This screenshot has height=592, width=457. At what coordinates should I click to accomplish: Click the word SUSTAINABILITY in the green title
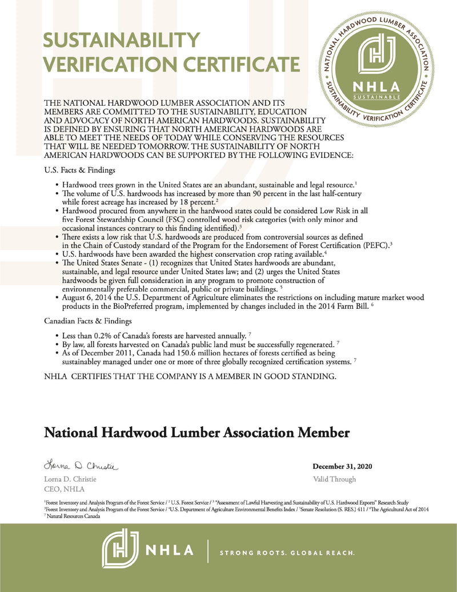click(122, 41)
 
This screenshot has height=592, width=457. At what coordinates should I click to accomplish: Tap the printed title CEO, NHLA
click(64, 489)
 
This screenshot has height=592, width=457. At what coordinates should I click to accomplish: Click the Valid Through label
click(334, 479)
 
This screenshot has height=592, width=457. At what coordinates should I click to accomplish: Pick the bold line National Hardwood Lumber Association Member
click(197, 432)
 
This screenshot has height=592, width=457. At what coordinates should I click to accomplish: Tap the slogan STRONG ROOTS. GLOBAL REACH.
click(288, 553)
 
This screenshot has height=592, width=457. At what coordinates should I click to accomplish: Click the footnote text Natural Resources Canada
click(73, 515)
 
